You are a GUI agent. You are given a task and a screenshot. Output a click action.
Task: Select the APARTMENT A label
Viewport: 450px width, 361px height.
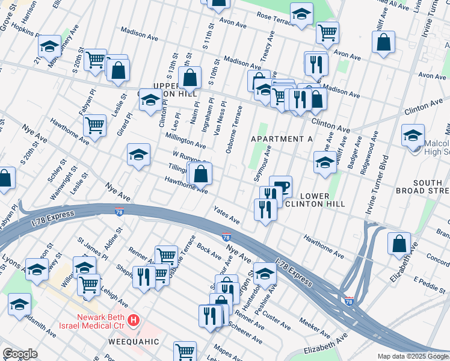(282, 139)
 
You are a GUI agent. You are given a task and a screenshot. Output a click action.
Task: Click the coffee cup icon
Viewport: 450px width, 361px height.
(280, 187)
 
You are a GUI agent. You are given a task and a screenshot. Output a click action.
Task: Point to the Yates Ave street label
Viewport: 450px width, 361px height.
(227, 215)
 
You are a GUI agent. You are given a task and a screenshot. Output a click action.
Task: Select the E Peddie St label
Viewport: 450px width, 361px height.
(428, 282)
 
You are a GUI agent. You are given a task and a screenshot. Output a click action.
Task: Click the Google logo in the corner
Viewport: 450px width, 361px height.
(20, 353)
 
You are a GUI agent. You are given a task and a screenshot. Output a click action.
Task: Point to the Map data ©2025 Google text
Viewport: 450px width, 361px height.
(413, 356)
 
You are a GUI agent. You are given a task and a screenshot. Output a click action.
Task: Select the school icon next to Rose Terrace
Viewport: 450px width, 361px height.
(301, 13)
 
